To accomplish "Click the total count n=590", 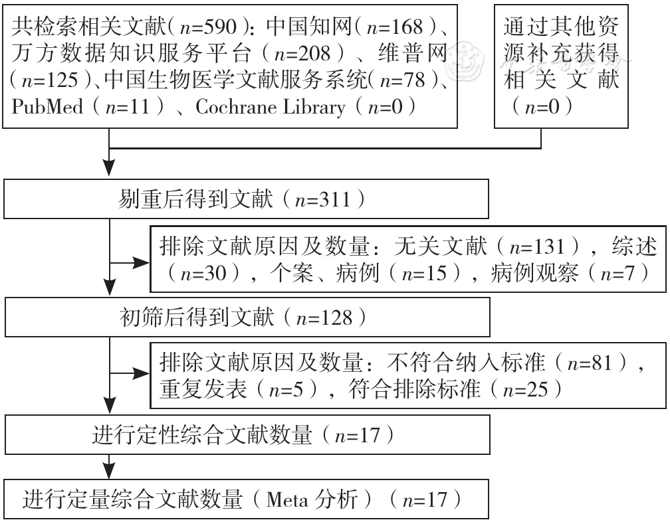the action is (x=208, y=27).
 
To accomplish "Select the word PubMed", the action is (x=47, y=107).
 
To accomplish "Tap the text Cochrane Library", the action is (x=270, y=107).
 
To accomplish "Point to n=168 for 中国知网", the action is (x=395, y=27).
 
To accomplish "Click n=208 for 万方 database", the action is (x=302, y=54).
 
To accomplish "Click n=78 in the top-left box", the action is (x=403, y=80).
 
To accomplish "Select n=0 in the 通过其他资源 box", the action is (x=542, y=107).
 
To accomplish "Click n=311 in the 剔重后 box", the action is (x=322, y=199).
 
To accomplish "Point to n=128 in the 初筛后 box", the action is (x=324, y=318).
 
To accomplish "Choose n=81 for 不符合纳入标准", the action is (x=590, y=363).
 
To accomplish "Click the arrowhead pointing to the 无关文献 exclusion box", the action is (x=142, y=262).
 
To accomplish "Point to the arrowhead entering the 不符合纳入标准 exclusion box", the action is (x=142, y=373).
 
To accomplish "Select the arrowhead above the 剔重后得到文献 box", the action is (x=110, y=168).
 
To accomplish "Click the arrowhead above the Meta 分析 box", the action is (x=110, y=472).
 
